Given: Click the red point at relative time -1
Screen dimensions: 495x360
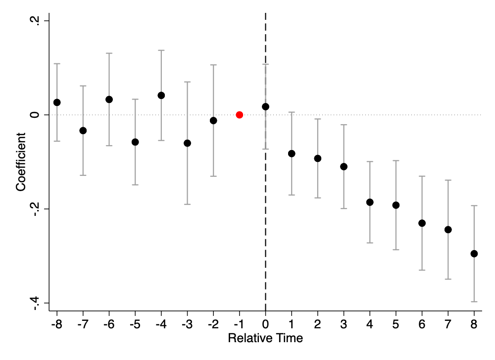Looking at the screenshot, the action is coord(239,115).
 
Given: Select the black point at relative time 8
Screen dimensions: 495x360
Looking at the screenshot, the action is coord(474,254).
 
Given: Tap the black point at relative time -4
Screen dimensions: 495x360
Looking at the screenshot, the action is coord(161,96).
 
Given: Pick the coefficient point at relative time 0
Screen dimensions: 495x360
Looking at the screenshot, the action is coord(265,107).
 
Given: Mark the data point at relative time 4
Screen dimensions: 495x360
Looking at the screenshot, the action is coord(370,202).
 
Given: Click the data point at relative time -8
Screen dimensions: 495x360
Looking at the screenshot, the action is coord(57,103).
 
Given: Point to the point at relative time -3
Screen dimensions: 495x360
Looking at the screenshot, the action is coord(187,143).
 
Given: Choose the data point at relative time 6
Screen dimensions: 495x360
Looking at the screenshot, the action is coord(422,223).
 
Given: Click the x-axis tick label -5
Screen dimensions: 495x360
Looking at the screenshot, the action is coord(135,324).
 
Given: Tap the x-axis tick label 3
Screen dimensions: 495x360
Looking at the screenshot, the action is coord(344,324).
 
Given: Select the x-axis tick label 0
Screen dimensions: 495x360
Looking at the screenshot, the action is coord(265,324).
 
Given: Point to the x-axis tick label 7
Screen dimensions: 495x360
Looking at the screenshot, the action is coord(448,324).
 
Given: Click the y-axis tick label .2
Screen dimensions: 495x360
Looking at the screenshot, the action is coord(35,21).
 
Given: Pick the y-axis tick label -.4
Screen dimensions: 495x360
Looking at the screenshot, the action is coord(35,303).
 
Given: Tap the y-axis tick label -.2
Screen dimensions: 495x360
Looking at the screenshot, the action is coord(35,209).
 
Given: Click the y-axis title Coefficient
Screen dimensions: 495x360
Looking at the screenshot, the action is coord(21,162).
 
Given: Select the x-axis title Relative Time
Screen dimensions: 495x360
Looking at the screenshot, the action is coord(265,338).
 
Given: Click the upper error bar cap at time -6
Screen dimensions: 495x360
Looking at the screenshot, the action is coord(109,53).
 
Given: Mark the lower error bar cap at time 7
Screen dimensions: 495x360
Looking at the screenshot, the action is coord(448,279).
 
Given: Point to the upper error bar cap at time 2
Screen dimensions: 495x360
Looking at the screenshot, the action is coord(318,119).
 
